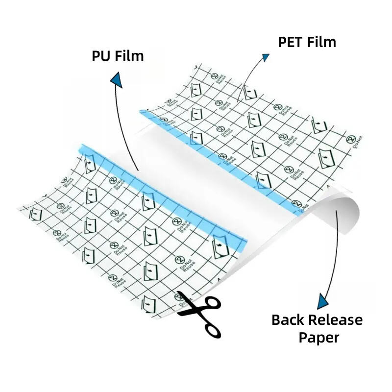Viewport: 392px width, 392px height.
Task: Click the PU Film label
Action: coord(118,55)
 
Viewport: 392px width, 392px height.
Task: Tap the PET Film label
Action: coord(307,42)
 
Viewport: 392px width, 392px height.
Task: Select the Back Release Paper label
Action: coord(317,328)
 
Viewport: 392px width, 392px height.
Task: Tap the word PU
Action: coord(100,55)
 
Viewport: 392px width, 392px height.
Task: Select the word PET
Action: coord(291,42)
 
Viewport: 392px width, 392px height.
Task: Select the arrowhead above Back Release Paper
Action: coord(323,301)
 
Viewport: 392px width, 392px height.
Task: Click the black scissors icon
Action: coord(198,312)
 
